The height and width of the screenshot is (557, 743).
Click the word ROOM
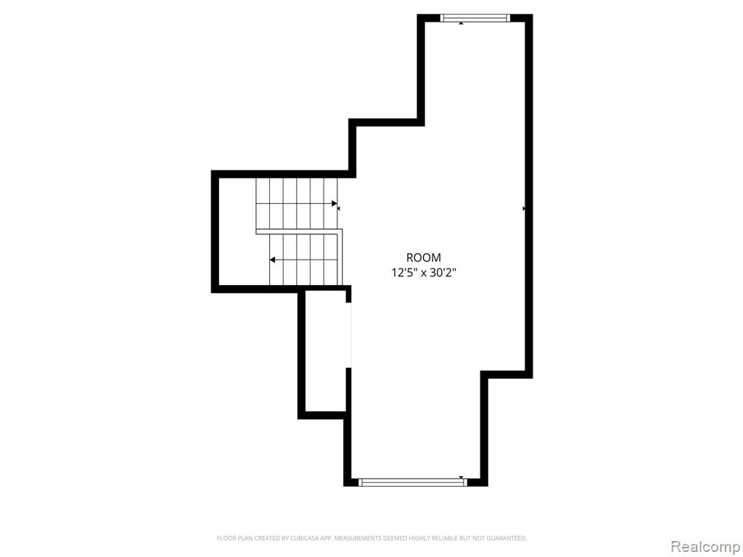pos(424,257)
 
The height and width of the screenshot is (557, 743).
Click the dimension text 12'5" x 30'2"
pos(424,273)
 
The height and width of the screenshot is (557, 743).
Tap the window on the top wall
pos(475,18)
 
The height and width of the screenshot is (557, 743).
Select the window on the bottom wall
pos(413,482)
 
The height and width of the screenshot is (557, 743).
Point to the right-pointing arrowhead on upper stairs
pos(334,204)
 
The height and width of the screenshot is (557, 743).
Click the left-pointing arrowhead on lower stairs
pos(273,260)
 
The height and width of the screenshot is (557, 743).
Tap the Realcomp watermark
pos(705,547)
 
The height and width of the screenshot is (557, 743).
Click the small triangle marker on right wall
pos(524,208)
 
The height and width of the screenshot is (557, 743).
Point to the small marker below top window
pos(461,22)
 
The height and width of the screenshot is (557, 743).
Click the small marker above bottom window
pos(461,477)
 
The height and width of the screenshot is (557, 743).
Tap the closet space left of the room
pos(326,351)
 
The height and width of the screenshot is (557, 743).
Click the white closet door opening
pos(349,335)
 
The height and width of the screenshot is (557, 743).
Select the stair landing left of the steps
pos(237,231)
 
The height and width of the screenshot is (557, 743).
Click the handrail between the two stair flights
pos(298,231)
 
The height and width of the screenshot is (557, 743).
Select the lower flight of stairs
pos(304,260)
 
